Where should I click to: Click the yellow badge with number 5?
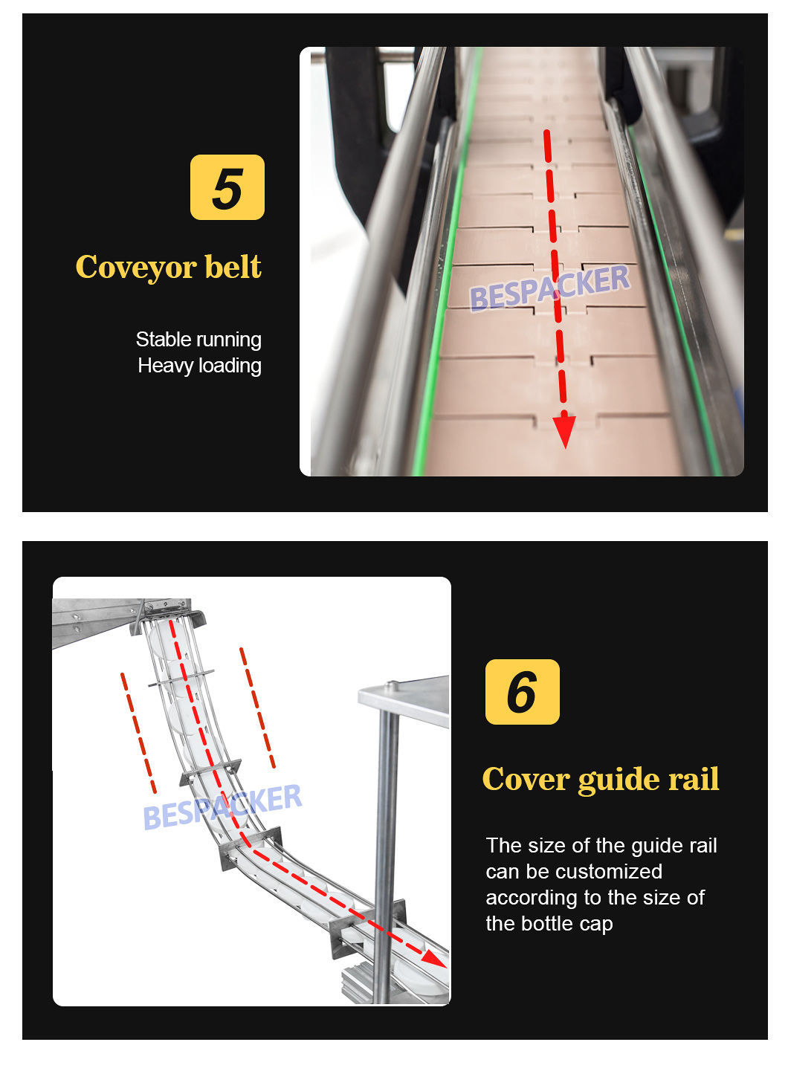click(x=227, y=187)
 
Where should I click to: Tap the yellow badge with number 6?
click(x=522, y=692)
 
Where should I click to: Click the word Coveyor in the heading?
click(x=135, y=268)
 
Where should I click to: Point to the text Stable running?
click(x=198, y=340)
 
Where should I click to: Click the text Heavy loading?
click(x=199, y=366)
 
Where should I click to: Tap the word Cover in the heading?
click(x=525, y=780)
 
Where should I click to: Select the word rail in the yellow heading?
click(x=694, y=780)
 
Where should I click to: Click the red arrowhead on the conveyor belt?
click(x=564, y=431)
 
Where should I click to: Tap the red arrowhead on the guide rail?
click(x=434, y=958)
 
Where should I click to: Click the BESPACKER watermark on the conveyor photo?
click(x=549, y=288)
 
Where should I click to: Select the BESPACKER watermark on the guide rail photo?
click(x=222, y=807)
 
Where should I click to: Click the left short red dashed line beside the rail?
click(x=139, y=733)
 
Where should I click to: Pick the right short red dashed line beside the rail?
click(x=258, y=708)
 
